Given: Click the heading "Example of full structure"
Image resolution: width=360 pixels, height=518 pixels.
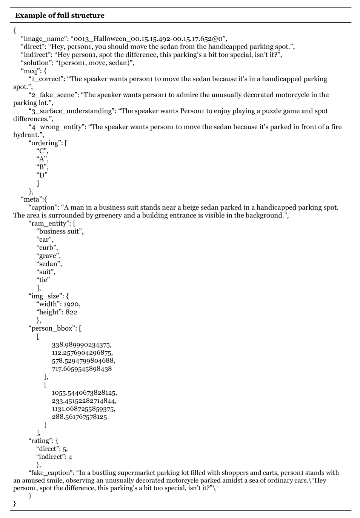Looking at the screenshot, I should click(60, 15).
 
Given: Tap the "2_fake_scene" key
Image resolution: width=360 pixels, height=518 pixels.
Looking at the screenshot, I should click(52, 95).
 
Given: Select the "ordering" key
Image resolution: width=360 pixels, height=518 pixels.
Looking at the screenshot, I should click(45, 143).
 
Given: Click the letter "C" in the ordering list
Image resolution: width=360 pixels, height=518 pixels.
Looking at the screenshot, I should click(42, 151).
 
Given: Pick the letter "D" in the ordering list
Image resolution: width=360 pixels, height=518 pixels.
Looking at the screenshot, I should click(42, 175).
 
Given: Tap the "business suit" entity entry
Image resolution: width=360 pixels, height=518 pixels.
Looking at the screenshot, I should click(59, 231).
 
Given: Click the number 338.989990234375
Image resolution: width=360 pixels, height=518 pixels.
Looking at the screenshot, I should click(82, 345).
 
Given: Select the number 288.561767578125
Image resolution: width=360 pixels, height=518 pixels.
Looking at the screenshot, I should click(79, 417).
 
